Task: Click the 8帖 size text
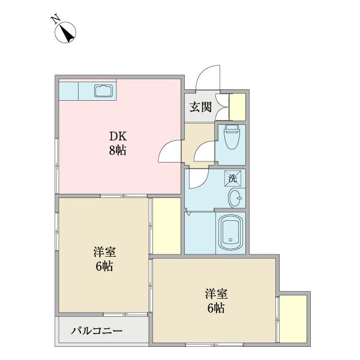(117, 151)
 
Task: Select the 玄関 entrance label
(200, 107)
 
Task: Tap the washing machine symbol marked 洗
(233, 178)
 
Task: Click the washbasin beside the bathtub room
(235, 198)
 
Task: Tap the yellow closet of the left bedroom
(166, 226)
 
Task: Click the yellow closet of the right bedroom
(293, 318)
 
